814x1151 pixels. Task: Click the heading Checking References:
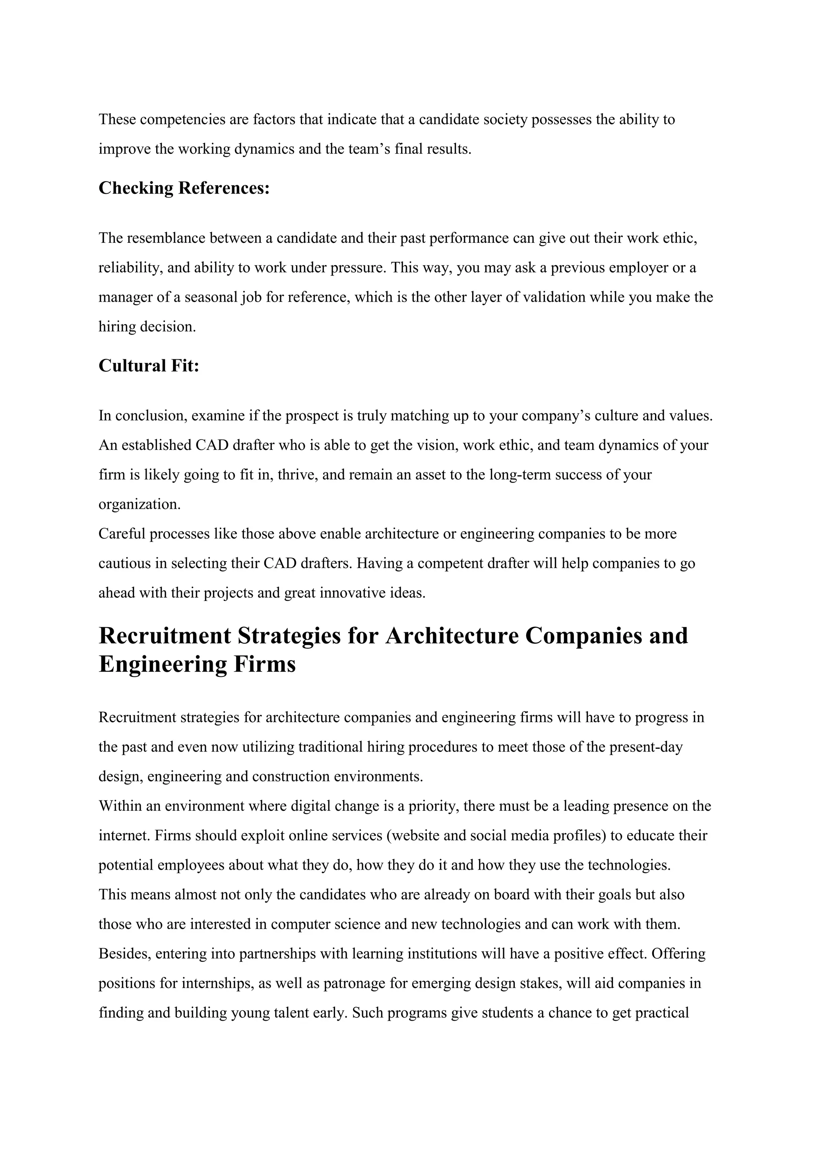point(184,188)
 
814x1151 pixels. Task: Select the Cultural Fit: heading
point(149,366)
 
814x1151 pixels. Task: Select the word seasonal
point(211,297)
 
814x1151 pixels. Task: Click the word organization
point(139,504)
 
